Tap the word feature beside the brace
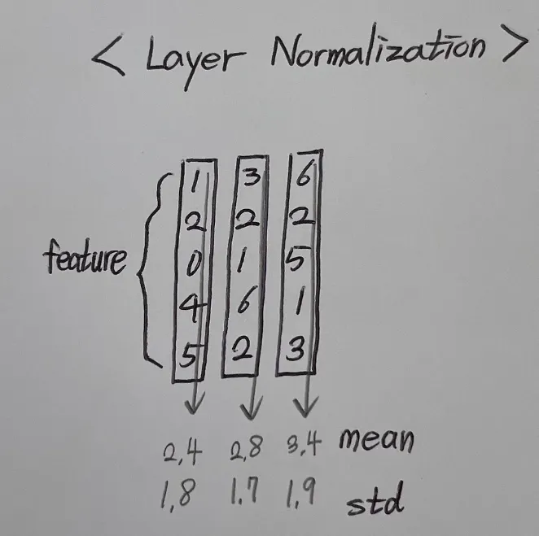86,259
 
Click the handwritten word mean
375,441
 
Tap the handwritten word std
375,503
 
